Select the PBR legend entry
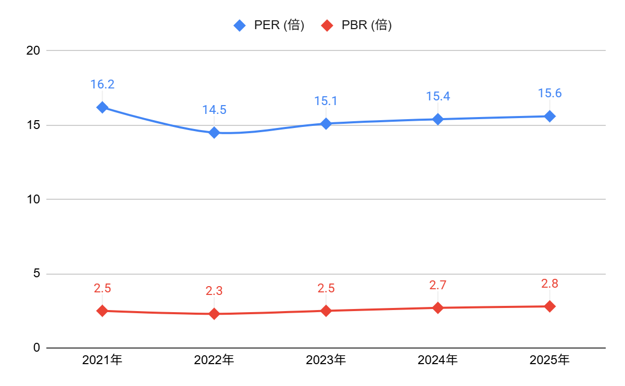(x=357, y=25)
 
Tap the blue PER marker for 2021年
(x=102, y=107)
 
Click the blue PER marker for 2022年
(x=214, y=133)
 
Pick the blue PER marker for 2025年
(x=549, y=116)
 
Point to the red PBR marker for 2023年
(x=326, y=311)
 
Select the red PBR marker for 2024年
(x=438, y=307)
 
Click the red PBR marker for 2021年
(x=102, y=311)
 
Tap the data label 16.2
(x=102, y=84)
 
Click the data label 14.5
(x=214, y=110)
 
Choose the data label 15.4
(x=438, y=96)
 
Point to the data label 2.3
(x=214, y=291)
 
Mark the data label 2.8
(x=549, y=284)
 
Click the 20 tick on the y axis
(x=33, y=50)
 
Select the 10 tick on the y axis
(x=33, y=199)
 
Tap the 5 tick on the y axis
(x=36, y=274)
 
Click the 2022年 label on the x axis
(x=214, y=359)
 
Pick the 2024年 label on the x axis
(x=438, y=359)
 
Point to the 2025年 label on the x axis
(x=549, y=359)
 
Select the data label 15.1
(x=326, y=101)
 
